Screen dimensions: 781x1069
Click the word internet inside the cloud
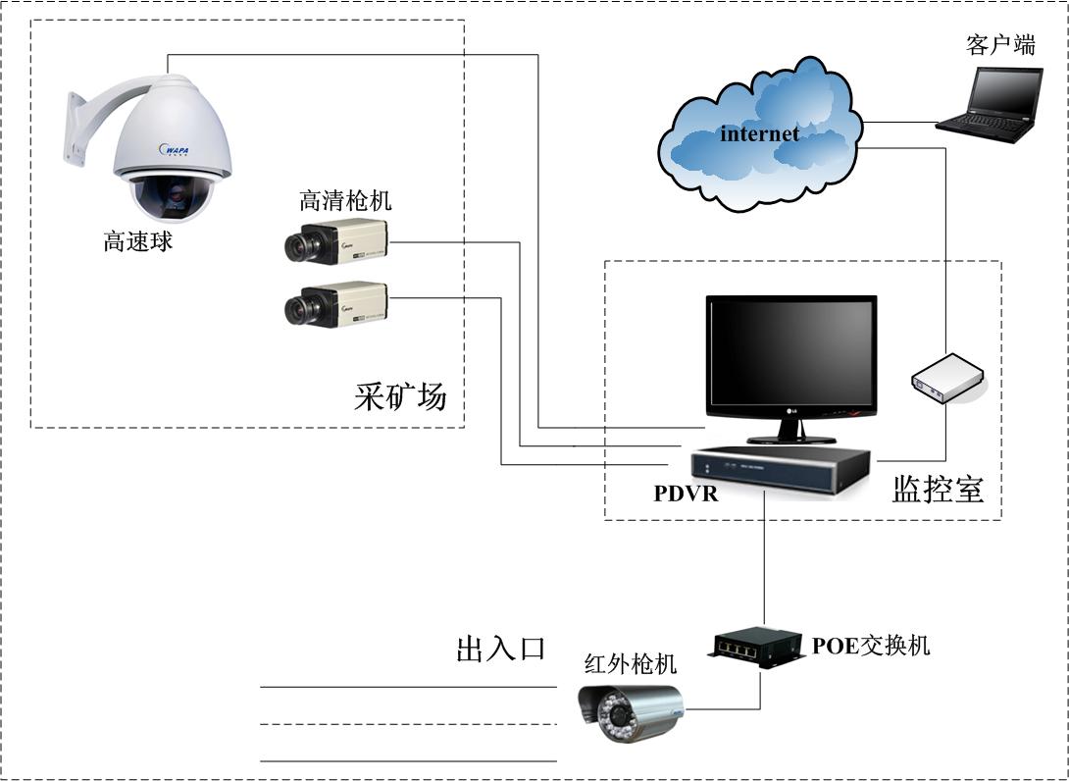click(x=759, y=134)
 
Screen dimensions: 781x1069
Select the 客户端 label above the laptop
click(x=1000, y=45)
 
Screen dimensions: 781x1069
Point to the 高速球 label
click(x=138, y=241)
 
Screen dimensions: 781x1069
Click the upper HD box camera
click(x=336, y=241)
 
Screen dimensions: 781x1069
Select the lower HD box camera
click(x=336, y=304)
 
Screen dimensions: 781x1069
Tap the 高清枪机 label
click(x=345, y=201)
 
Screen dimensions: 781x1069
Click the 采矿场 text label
click(x=400, y=397)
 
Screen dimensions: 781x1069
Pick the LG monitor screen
click(x=790, y=355)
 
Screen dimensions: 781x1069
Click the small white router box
click(x=946, y=379)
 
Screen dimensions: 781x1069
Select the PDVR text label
click(x=686, y=494)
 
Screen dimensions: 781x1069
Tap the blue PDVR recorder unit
click(x=781, y=471)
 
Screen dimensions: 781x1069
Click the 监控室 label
click(x=938, y=489)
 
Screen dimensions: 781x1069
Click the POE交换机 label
click(x=871, y=645)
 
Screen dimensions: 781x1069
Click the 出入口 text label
click(x=500, y=649)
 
